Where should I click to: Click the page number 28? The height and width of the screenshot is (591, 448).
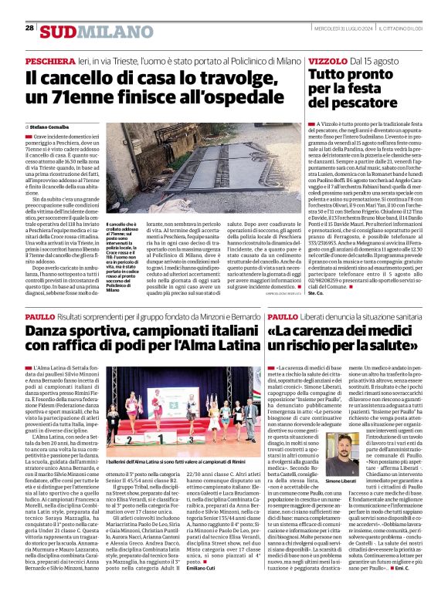coord(29,28)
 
